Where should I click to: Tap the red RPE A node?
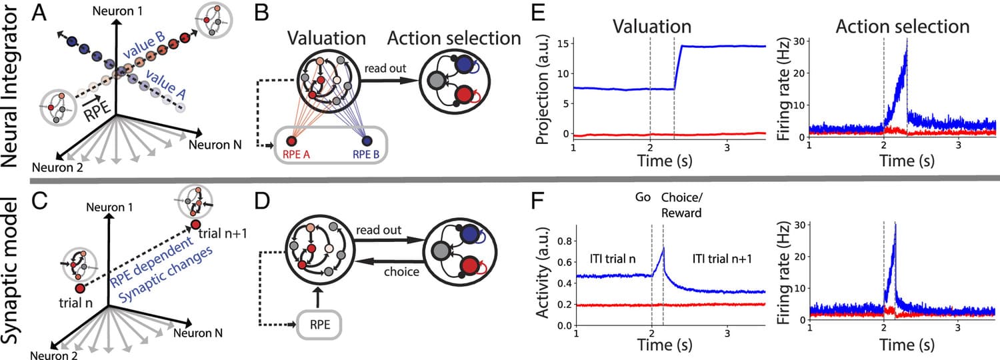291,141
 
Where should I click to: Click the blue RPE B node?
367,141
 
